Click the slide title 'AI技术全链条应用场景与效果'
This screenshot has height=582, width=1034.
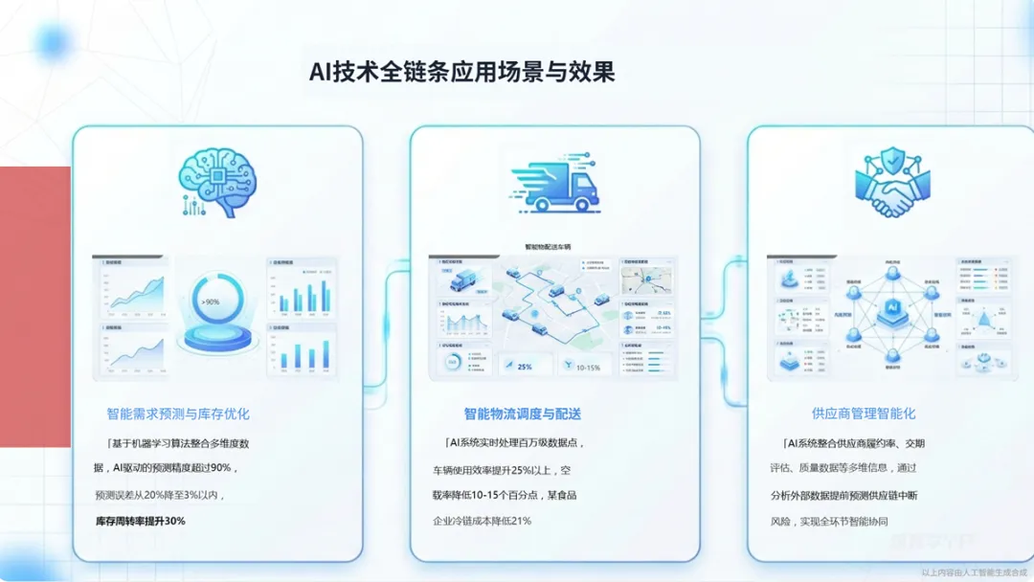pyautogui.click(x=461, y=72)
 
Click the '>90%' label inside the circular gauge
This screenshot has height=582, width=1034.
pyautogui.click(x=211, y=302)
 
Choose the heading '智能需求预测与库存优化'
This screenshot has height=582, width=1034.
pyautogui.click(x=178, y=414)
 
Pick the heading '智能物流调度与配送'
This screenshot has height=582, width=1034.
pyautogui.click(x=523, y=414)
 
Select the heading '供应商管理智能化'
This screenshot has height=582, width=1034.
pyautogui.click(x=863, y=414)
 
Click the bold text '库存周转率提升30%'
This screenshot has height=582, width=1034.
pyautogui.click(x=140, y=521)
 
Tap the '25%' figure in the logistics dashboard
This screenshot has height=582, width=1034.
pyautogui.click(x=525, y=366)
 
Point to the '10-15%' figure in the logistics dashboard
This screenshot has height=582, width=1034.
pyautogui.click(x=585, y=366)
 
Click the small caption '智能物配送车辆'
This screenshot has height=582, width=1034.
pyautogui.click(x=548, y=247)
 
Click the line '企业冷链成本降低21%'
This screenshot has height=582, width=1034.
pyautogui.click(x=482, y=521)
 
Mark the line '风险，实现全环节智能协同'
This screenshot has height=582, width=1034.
pyautogui.click(x=829, y=522)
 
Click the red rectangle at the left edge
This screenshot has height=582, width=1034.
pyautogui.click(x=35, y=306)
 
